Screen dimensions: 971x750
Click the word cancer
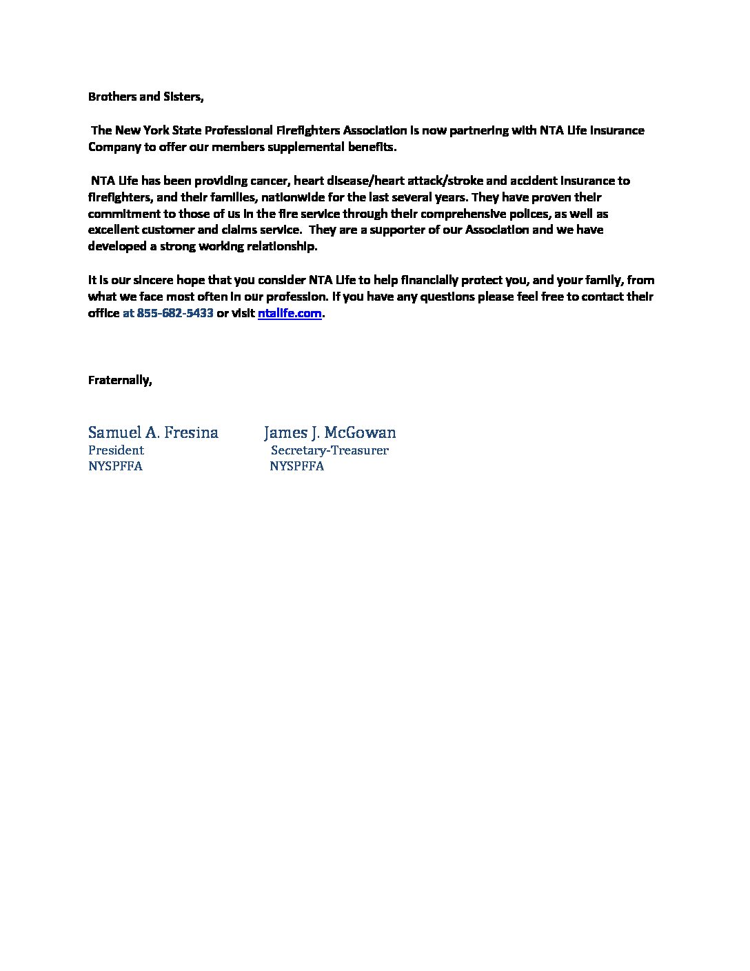(270, 181)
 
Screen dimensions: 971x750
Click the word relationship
(280, 247)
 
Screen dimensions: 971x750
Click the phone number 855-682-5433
(175, 313)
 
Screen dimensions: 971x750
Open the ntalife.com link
(290, 313)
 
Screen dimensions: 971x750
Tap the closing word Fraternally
(120, 380)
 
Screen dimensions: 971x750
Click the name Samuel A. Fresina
(153, 432)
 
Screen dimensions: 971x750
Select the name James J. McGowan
(330, 432)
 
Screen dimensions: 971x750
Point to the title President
(116, 450)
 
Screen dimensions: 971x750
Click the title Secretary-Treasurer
(330, 450)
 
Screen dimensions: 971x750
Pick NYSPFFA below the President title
(115, 466)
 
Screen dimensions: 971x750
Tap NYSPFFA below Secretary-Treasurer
(296, 466)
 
